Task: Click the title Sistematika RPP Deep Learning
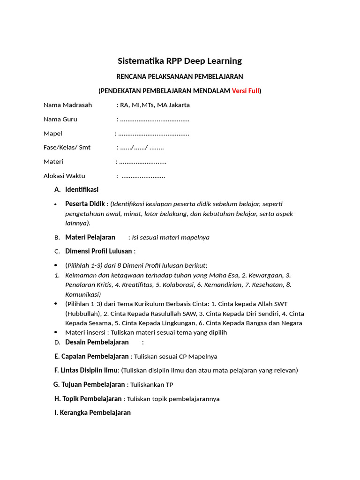(180, 61)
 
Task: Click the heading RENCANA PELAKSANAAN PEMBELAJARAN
(180, 76)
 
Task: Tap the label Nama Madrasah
(68, 105)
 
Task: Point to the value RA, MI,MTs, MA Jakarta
(155, 105)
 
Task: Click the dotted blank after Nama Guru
(155, 120)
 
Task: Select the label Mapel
(53, 134)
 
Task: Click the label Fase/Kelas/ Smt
(67, 148)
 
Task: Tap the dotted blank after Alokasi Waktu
(143, 176)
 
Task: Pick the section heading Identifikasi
(82, 190)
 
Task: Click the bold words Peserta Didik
(85, 204)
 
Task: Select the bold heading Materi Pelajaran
(90, 237)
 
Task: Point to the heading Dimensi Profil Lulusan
(98, 251)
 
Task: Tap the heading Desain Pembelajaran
(97, 342)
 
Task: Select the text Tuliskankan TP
(152, 385)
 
